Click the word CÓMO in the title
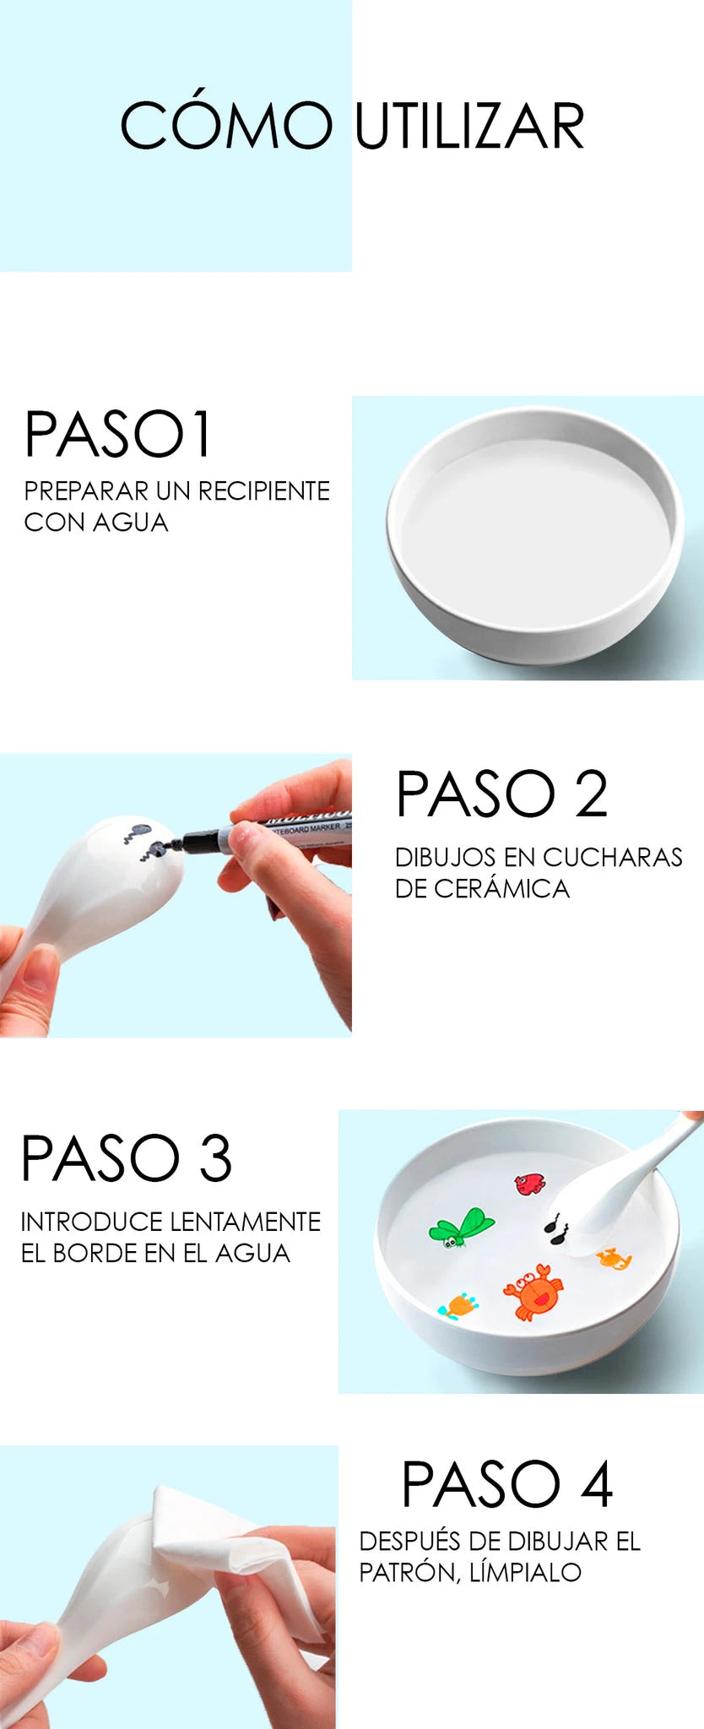[x=226, y=124]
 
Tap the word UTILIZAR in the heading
[x=469, y=127]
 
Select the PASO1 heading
[x=117, y=435]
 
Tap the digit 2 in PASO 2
[x=591, y=794]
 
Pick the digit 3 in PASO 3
[x=215, y=1158]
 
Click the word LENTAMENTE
[x=245, y=1222]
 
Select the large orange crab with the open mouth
[x=533, y=1291]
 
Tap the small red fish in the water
[x=530, y=1184]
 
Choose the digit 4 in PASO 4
[x=597, y=1483]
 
